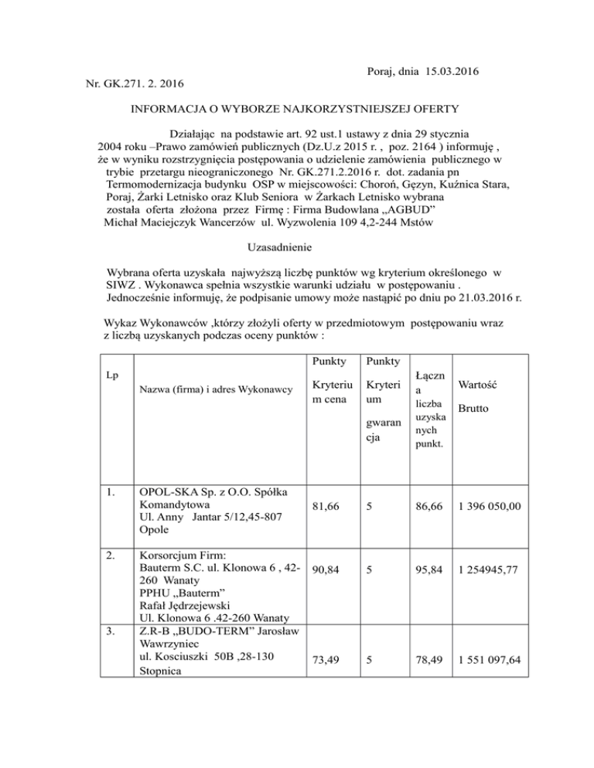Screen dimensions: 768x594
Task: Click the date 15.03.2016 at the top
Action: coord(451,73)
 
